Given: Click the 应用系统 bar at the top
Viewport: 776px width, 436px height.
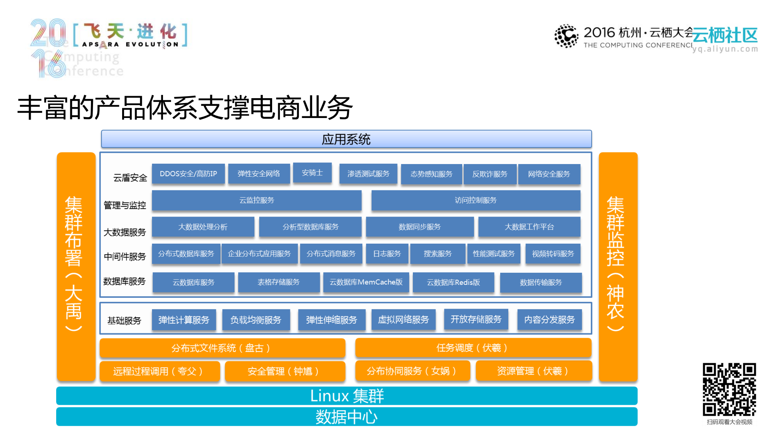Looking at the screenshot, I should pyautogui.click(x=346, y=139).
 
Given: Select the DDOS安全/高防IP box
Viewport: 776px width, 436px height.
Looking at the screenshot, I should pyautogui.click(x=188, y=174).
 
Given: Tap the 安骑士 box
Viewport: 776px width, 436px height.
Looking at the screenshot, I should pyautogui.click(x=312, y=173).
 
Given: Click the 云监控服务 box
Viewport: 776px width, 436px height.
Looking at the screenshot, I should pyautogui.click(x=256, y=200).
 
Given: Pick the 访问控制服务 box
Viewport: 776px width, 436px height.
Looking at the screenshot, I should pyautogui.click(x=476, y=200).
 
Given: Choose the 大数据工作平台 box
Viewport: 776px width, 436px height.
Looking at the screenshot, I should pyautogui.click(x=529, y=227).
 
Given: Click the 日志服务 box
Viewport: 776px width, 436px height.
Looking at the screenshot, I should pyautogui.click(x=387, y=254).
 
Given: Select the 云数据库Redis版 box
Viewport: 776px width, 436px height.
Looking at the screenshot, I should pyautogui.click(x=453, y=282).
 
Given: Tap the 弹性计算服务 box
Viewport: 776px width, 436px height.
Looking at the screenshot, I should pyautogui.click(x=184, y=320).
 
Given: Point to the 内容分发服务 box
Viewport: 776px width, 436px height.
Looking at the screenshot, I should pyautogui.click(x=549, y=320).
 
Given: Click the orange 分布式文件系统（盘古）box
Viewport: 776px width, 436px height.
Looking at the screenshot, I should pyautogui.click(x=222, y=348).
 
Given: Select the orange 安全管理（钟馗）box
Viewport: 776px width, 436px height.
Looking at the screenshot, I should pyautogui.click(x=285, y=371).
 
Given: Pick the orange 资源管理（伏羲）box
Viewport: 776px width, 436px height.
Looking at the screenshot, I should pyautogui.click(x=533, y=371).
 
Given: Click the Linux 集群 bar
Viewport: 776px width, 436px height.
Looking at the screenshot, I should pyautogui.click(x=347, y=396).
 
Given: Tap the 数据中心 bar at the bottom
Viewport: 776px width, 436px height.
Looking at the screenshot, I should pyautogui.click(x=347, y=417).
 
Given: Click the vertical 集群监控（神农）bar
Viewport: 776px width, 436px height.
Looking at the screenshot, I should pyautogui.click(x=617, y=267).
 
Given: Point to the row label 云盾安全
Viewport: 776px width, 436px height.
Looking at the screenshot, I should pyautogui.click(x=130, y=178).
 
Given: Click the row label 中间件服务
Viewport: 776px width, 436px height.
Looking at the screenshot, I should pyautogui.click(x=125, y=257).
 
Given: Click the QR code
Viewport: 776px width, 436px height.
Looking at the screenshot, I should pyautogui.click(x=729, y=389).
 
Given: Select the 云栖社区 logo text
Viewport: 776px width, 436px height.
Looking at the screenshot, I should pyautogui.click(x=725, y=36).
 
